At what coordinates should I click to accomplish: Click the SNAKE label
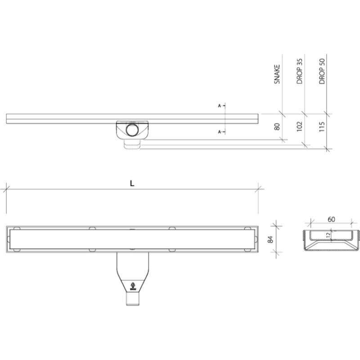click(278, 75)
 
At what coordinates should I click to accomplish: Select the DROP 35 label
click(300, 72)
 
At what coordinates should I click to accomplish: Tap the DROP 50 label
click(322, 72)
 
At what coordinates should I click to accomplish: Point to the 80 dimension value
click(278, 126)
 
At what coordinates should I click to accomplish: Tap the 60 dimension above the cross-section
click(331, 220)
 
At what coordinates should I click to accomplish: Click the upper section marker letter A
click(219, 106)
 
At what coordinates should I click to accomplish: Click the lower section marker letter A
click(219, 132)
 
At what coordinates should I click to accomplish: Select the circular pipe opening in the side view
click(132, 130)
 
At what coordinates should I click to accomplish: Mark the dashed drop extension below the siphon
click(133, 144)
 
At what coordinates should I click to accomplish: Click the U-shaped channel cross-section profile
click(331, 242)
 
